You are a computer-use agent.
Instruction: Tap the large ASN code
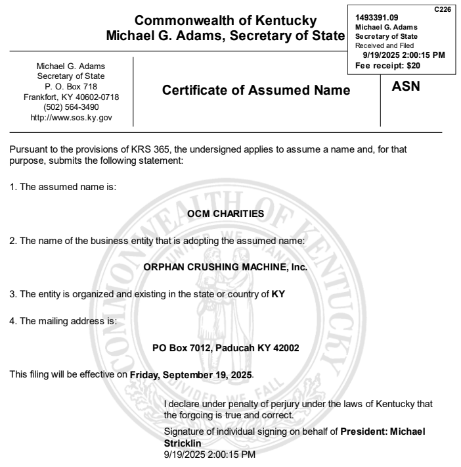[x=405, y=86]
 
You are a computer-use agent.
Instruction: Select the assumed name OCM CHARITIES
[x=225, y=214]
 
